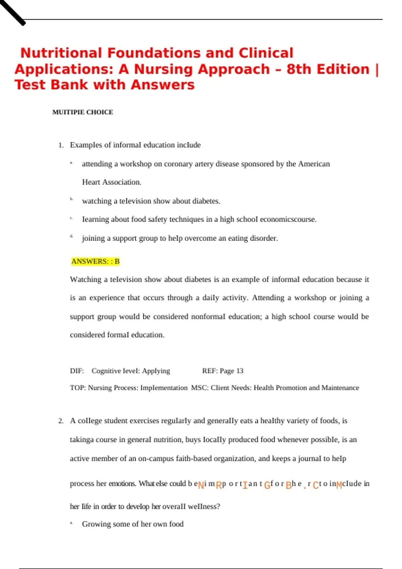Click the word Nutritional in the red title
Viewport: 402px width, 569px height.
61,53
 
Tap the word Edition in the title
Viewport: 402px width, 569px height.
343,69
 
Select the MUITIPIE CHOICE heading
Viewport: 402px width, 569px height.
82,112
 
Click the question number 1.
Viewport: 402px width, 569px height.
61,145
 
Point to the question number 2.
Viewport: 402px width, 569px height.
61,421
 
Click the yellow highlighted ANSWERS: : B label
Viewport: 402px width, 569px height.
95,261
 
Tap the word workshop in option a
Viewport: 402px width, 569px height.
136,164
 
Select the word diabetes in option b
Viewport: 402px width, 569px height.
206,201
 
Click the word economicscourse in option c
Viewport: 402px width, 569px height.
288,220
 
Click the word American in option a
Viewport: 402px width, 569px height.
314,164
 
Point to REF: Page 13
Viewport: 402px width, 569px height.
223,371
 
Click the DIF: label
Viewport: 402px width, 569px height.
77,371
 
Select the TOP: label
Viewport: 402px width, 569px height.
78,388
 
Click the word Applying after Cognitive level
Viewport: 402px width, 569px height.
156,371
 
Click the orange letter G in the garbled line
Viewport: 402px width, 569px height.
267,485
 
